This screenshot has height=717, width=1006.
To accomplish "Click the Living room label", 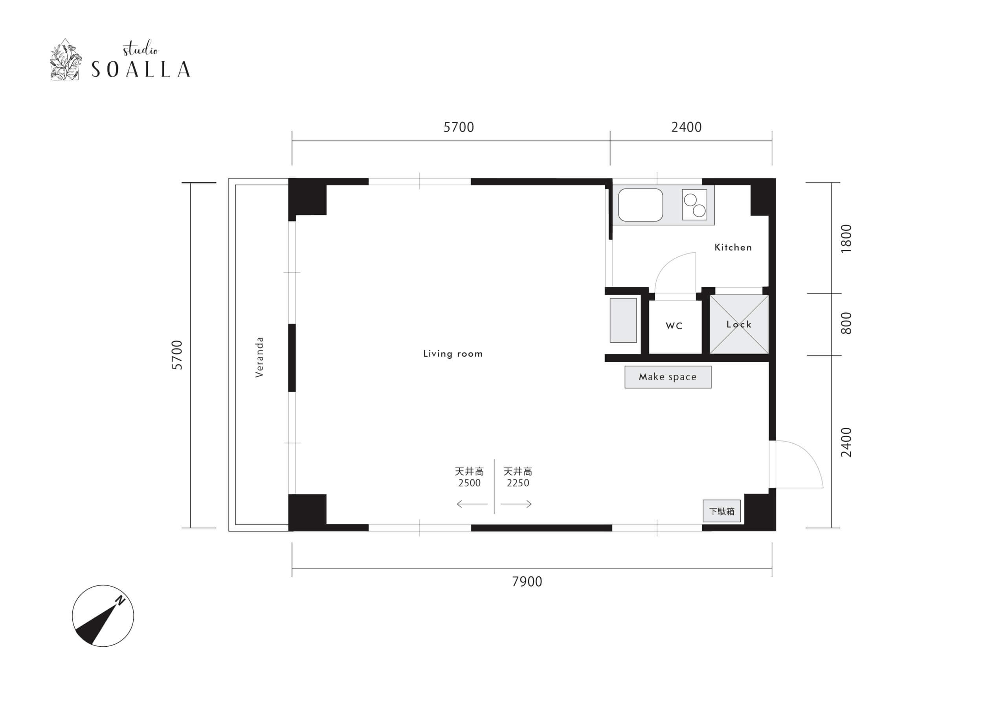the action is (x=453, y=354).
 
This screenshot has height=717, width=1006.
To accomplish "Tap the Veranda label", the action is (x=259, y=357).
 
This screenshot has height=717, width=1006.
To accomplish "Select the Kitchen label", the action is (x=733, y=247).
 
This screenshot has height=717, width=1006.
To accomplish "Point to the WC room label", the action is (x=674, y=326).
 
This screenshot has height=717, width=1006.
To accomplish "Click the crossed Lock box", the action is (x=739, y=325).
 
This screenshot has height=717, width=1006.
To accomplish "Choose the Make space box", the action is (x=668, y=377).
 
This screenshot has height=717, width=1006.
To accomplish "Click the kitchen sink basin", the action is (x=640, y=205).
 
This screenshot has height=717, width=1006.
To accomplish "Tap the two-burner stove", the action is (x=694, y=205).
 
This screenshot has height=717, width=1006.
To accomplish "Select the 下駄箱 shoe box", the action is (x=721, y=511).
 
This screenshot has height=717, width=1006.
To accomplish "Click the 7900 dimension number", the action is (x=527, y=581).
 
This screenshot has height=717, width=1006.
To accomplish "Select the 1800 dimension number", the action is (x=846, y=238).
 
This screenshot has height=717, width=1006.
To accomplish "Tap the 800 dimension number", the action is (x=846, y=323).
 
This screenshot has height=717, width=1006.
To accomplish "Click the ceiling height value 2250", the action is (x=518, y=483).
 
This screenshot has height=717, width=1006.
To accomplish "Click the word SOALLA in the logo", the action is (x=141, y=69).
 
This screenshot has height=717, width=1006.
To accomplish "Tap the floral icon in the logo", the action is (x=65, y=60).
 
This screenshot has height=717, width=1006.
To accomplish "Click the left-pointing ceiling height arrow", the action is (x=472, y=504).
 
